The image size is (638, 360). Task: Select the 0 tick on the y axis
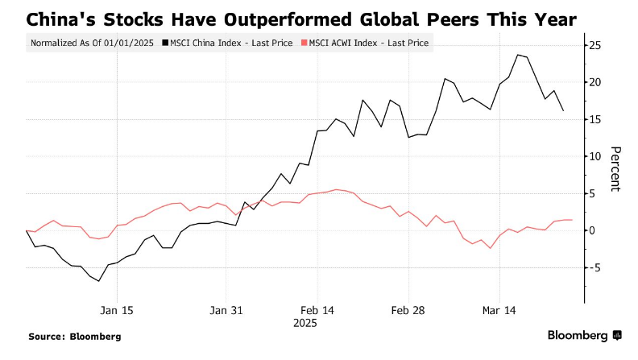[594, 230]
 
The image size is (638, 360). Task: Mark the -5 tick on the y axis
[596, 267]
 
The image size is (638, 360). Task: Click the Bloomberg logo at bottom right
[584, 335]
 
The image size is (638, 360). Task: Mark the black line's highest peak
[517, 55]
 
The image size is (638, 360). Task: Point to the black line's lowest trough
[98, 281]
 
